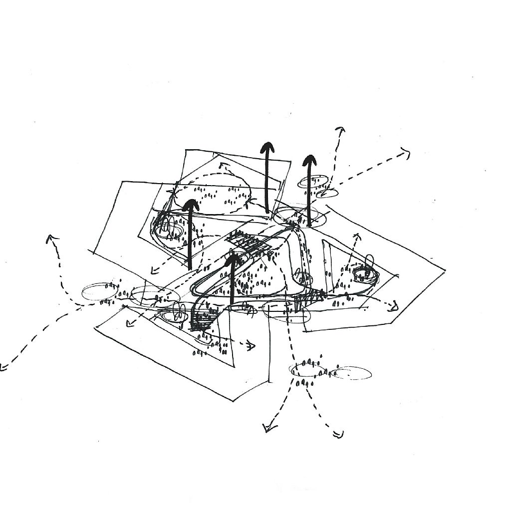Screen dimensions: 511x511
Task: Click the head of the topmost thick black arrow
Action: coord(267,148)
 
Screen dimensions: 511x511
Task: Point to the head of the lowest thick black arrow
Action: coord(232,259)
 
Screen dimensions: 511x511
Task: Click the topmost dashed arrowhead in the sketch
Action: coord(340,130)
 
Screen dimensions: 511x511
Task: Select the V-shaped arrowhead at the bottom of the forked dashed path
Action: coord(269,428)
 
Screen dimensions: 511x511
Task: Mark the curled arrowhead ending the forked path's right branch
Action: coord(339,434)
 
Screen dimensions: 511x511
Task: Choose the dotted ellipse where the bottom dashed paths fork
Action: coord(307,370)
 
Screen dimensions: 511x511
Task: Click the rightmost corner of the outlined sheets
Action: coord(444,270)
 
